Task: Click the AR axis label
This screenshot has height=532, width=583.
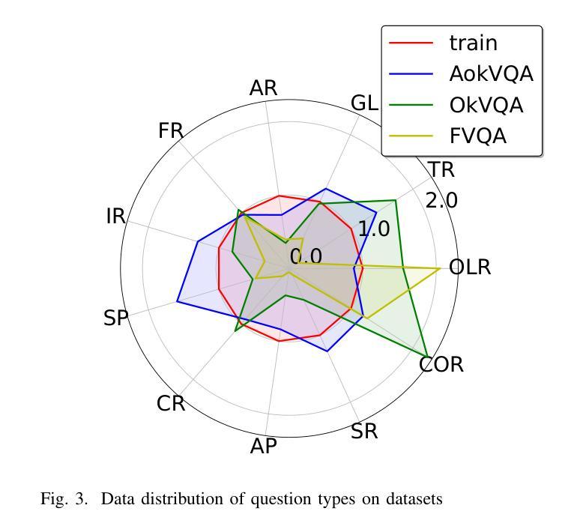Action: coord(263,88)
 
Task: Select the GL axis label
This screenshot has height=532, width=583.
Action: coord(365,103)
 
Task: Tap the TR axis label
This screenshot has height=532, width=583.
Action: coord(441,170)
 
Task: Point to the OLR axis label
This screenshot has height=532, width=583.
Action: coord(469,267)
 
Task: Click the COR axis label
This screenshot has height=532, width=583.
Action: coord(441,365)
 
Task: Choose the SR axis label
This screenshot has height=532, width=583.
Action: coord(365,432)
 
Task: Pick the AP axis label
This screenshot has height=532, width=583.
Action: coord(263,447)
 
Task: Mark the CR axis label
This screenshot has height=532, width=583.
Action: coord(171,404)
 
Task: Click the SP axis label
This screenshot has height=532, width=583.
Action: coord(115,318)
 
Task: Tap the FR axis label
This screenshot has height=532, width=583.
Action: coord(171,131)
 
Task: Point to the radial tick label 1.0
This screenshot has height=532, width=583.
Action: coord(373,229)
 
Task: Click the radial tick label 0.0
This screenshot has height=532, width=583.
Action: coord(306,257)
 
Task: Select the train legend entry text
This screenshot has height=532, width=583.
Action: coord(473,43)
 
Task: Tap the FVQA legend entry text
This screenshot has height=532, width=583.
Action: coord(477,136)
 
